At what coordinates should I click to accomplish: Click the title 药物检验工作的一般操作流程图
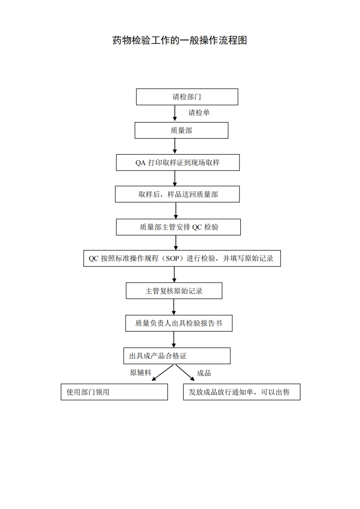[180, 40]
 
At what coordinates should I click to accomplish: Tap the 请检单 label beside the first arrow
[199, 113]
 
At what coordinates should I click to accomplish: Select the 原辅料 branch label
[141, 372]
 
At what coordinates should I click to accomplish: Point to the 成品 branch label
[204, 373]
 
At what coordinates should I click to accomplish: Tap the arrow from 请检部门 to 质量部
[175, 113]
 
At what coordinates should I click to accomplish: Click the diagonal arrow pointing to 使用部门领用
[163, 372]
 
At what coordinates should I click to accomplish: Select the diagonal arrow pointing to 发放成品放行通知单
[185, 372]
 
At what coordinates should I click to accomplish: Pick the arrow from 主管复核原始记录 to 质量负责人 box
[174, 307]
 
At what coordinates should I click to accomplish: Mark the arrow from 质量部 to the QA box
[175, 146]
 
